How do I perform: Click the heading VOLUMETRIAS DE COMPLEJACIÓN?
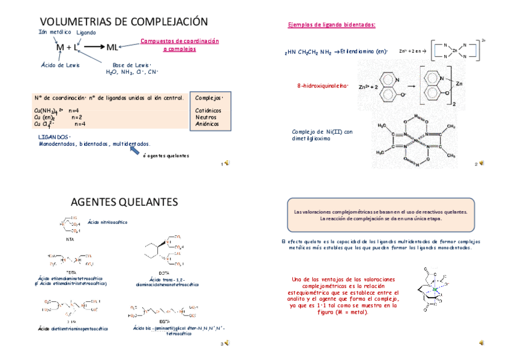pyautogui.click(x=123, y=22)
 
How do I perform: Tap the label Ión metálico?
pyautogui.click(x=55, y=32)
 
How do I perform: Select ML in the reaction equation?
pyautogui.click(x=112, y=47)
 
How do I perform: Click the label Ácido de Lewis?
pyautogui.click(x=61, y=65)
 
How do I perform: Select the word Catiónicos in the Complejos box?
pyautogui.click(x=208, y=110)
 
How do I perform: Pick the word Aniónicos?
pyautogui.click(x=206, y=124)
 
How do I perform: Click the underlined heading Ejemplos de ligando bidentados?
pyautogui.click(x=332, y=25)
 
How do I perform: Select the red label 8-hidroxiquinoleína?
pyautogui.click(x=322, y=86)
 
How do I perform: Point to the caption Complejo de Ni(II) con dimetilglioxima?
pyautogui.click(x=322, y=135)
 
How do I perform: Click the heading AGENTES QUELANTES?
pyautogui.click(x=124, y=202)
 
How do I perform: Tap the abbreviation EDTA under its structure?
pyautogui.click(x=71, y=272)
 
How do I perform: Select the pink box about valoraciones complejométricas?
pyautogui.click(x=381, y=215)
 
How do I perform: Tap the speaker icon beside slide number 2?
pyautogui.click(x=481, y=163)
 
